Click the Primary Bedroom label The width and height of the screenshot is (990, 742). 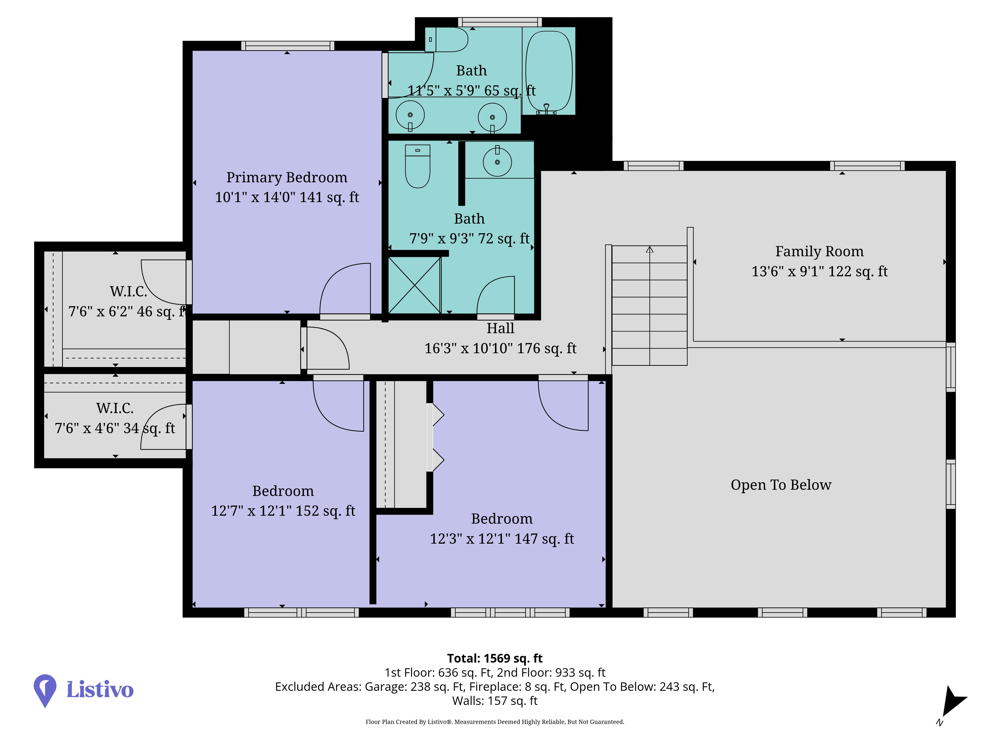point(287,178)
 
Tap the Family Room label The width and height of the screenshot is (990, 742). point(819,251)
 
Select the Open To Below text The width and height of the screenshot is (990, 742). point(781,485)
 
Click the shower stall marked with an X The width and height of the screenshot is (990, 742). point(415,285)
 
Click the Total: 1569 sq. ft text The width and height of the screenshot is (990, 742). point(495,658)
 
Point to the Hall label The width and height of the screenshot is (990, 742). point(500,328)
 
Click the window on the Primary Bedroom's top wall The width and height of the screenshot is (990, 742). point(288,46)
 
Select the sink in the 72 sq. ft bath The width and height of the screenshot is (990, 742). point(497,162)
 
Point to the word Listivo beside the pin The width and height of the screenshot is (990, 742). point(100,690)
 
